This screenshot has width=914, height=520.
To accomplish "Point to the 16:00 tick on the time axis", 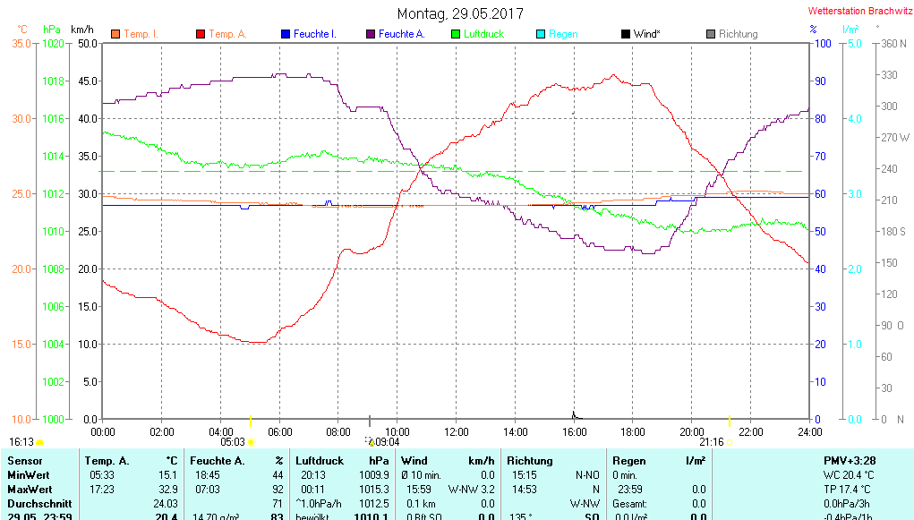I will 574,432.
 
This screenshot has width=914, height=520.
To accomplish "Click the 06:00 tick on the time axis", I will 279,432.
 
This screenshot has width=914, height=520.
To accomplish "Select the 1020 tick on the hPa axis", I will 55,43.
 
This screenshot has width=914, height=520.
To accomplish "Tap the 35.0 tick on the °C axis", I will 22,43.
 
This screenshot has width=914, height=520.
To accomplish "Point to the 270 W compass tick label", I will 895,138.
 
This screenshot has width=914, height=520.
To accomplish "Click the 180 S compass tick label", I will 895,232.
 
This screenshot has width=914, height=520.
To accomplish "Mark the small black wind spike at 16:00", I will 573,414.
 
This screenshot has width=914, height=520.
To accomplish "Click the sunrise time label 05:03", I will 233,442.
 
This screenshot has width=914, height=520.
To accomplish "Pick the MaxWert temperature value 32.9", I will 167,490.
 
